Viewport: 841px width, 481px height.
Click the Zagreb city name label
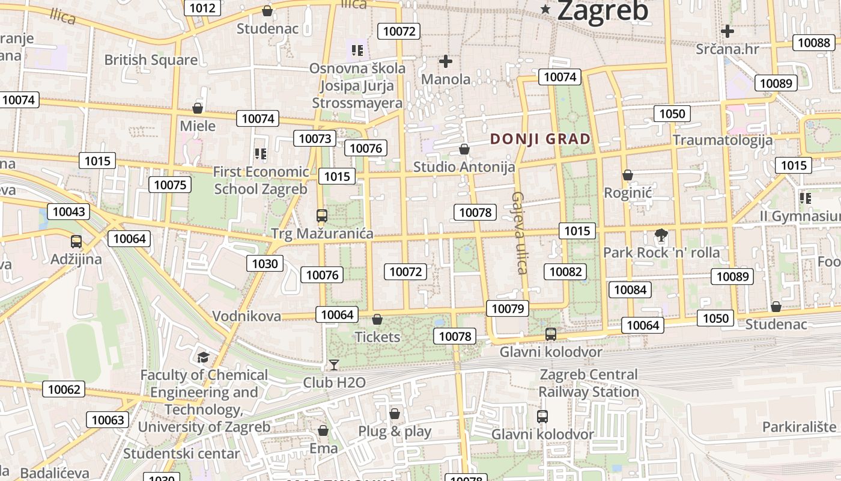click(603, 11)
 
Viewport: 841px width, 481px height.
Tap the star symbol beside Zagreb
click(545, 9)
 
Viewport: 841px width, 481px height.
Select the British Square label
click(151, 60)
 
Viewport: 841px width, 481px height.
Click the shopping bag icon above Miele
click(197, 109)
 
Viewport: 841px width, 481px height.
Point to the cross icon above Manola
click(446, 61)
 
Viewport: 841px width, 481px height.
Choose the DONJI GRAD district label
click(540, 139)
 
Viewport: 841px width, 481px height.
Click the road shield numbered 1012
click(202, 8)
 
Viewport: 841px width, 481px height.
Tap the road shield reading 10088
click(814, 43)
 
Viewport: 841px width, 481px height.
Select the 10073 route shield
click(315, 139)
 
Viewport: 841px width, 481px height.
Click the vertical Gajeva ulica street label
click(519, 233)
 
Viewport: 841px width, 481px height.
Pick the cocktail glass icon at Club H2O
click(333, 365)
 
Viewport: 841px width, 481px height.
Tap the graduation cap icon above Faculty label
click(203, 358)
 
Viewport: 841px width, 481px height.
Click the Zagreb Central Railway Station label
click(589, 383)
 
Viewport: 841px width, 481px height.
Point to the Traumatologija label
click(722, 140)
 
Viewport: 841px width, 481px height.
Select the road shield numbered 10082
click(565, 272)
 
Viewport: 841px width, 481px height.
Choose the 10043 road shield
click(69, 212)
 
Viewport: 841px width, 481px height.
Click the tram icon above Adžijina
click(76, 242)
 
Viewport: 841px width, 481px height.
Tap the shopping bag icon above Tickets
click(377, 319)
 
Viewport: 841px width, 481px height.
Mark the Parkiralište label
click(800, 427)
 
